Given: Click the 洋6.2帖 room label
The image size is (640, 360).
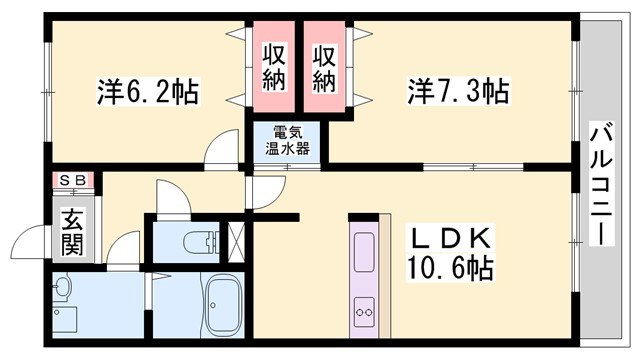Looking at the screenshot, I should tap(148, 94).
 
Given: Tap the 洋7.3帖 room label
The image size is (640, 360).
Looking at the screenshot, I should tap(459, 93).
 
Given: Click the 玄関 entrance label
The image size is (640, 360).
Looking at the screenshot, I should tap(72, 231).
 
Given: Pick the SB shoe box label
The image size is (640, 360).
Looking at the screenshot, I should tap(72, 181).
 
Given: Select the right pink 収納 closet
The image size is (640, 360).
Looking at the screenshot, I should tap(324, 67).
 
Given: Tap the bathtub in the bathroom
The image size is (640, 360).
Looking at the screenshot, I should tap(224, 303).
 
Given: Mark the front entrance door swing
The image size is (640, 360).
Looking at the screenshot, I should tap(27, 245).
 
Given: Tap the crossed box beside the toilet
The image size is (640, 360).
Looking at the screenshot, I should tap(237, 240).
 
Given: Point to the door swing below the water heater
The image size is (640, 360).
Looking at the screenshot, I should tap(266, 189).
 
